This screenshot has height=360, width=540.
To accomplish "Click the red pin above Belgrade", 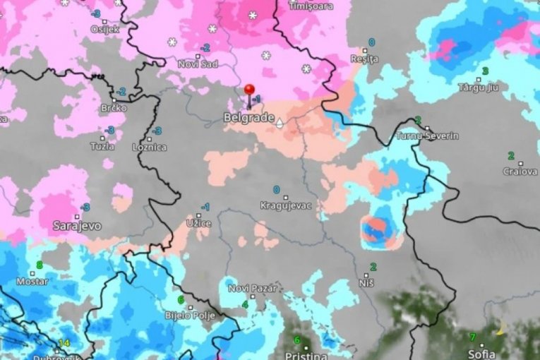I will click(248, 90).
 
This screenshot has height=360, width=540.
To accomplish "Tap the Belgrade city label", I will click(248, 117).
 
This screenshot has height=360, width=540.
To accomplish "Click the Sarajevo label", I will click(77, 226).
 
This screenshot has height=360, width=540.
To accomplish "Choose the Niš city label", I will click(366, 282).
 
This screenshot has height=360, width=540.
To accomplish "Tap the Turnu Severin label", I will click(428, 136).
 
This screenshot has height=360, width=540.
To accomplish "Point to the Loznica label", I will click(150, 148).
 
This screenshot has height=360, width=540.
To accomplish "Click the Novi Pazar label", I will click(253, 288).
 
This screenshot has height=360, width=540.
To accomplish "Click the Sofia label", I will click(482, 353).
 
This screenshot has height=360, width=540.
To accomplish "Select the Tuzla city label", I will click(102, 145).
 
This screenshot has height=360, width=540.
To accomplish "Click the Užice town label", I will click(198, 223).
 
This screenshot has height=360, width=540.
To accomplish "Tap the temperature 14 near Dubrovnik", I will click(64, 343).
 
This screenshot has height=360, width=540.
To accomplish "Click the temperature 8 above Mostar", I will click(40, 265).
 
